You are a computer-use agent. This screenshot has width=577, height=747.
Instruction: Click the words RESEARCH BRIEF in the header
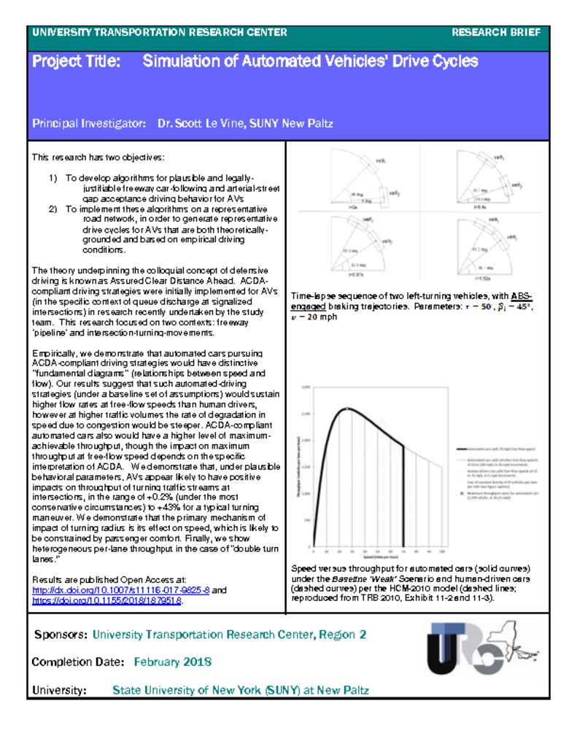tap(496, 32)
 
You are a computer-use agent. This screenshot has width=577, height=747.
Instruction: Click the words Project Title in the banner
tap(76, 61)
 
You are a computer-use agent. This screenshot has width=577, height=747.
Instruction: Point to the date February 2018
tap(172, 662)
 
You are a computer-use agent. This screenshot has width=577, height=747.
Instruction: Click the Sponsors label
tap(61, 635)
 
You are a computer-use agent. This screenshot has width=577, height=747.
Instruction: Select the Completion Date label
tap(77, 662)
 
